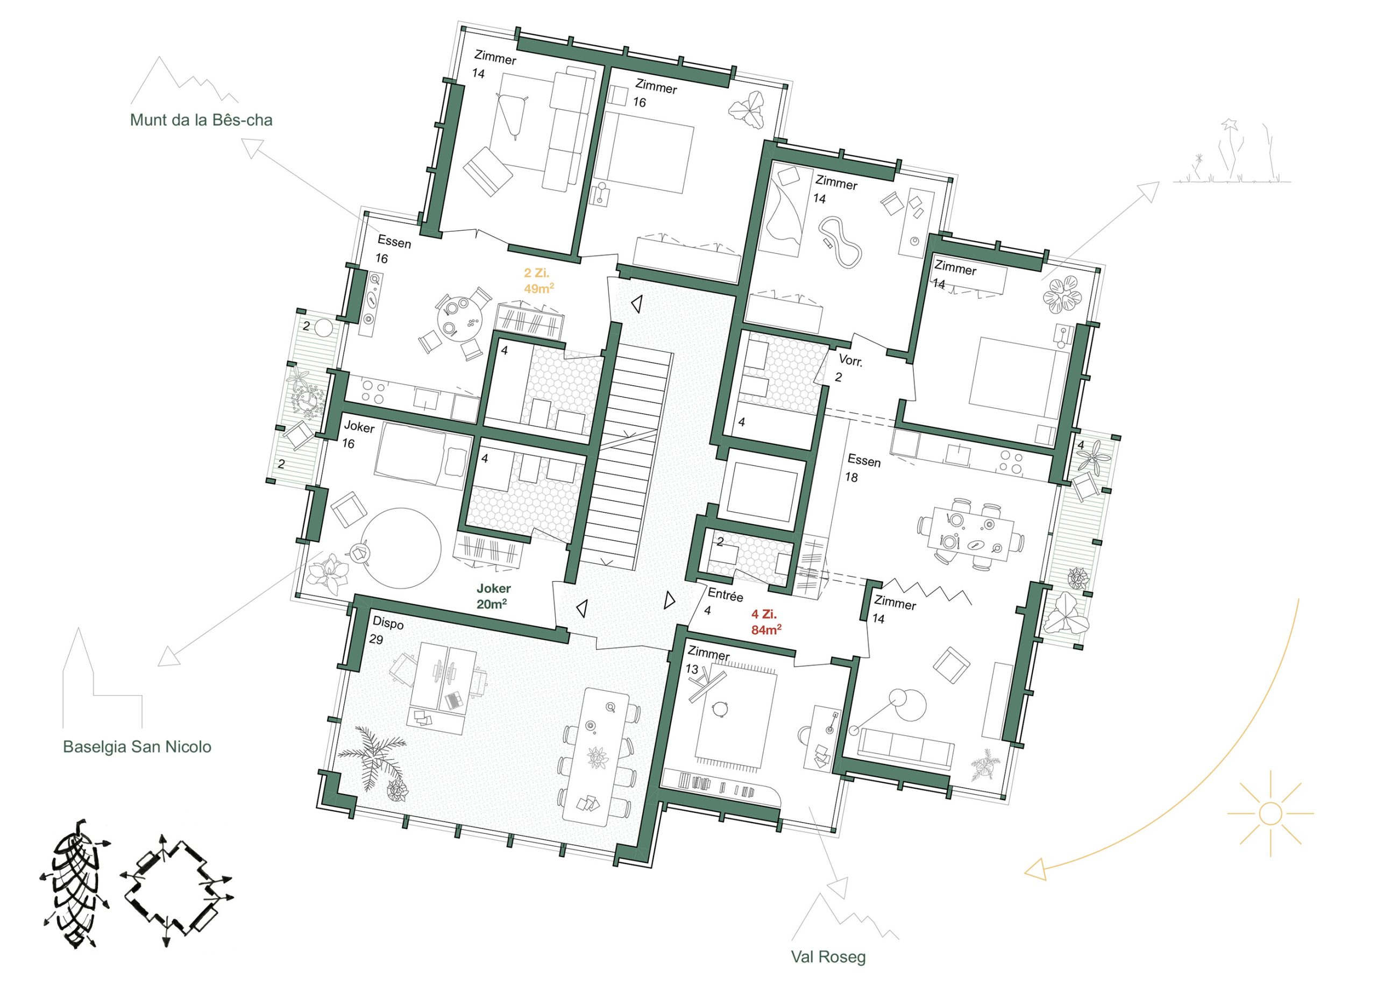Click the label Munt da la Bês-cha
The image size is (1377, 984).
[x=201, y=120]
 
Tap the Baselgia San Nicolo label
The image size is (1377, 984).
[x=137, y=747]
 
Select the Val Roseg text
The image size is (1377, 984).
[x=828, y=957]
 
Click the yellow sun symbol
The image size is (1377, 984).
[x=1270, y=812]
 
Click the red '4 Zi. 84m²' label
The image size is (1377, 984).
[x=766, y=622]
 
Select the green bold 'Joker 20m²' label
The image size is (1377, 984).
[x=493, y=596]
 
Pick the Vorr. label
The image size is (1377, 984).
[x=850, y=361]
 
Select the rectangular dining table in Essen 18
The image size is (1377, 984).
[x=970, y=533]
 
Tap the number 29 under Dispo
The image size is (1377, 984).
[x=376, y=640]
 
